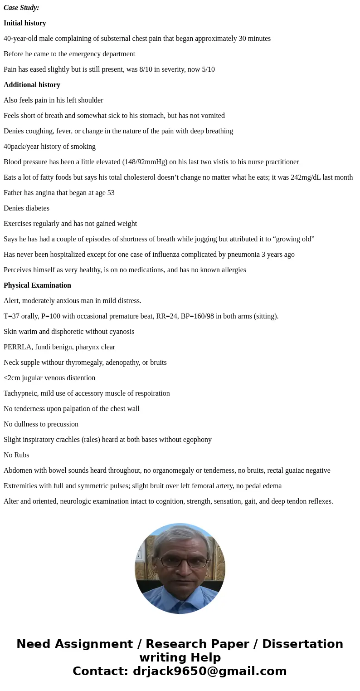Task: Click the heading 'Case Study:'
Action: click(21, 8)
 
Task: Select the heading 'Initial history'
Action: click(25, 23)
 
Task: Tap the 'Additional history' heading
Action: click(32, 85)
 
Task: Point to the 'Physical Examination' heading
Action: click(37, 285)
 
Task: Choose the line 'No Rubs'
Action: click(16, 455)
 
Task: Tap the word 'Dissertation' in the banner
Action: click(302, 644)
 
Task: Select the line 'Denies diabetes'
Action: click(26, 208)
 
